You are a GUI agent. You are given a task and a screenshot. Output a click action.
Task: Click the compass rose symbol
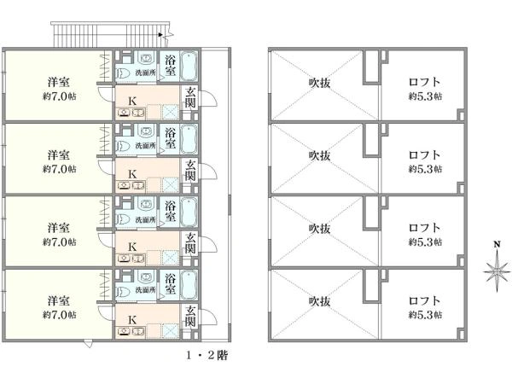(x=497, y=271)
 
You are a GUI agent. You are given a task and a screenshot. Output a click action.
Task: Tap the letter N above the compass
(x=497, y=244)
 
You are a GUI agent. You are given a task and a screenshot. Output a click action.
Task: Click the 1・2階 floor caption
(x=207, y=355)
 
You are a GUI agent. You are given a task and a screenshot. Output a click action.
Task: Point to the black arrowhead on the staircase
(x=160, y=35)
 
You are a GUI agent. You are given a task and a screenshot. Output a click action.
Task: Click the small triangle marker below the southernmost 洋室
(x=88, y=344)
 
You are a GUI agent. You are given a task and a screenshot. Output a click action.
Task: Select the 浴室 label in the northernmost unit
(x=170, y=66)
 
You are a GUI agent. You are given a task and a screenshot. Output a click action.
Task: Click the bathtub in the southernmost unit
(x=189, y=286)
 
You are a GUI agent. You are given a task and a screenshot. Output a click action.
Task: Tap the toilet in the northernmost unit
(x=123, y=73)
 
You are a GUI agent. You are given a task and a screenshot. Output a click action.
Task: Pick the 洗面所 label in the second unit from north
(x=146, y=146)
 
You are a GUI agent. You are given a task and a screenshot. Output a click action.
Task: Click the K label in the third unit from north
(x=132, y=247)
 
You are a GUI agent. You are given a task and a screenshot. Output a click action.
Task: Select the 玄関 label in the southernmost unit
(x=190, y=316)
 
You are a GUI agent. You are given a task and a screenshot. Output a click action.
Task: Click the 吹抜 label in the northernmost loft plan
(x=320, y=83)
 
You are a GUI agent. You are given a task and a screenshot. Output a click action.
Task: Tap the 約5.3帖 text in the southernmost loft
(x=425, y=314)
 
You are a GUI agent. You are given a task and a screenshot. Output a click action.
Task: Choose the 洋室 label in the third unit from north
(x=59, y=227)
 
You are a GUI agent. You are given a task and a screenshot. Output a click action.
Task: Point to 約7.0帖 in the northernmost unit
(x=59, y=96)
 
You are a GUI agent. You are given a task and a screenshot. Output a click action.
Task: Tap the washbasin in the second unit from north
(x=145, y=131)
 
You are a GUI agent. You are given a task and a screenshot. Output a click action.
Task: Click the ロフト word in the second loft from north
(x=424, y=154)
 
